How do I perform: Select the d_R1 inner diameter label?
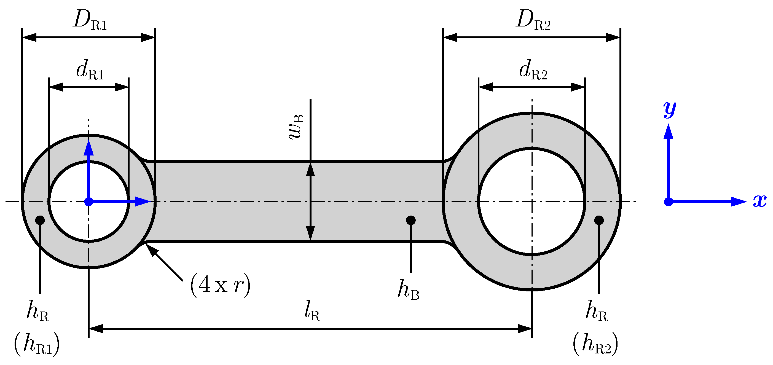89,71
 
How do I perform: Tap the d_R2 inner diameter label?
533,71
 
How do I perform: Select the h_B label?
408,290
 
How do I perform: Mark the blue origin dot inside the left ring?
88,202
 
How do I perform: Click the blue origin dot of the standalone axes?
669,202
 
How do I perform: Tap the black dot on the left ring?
40,220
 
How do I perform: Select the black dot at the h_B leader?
411,220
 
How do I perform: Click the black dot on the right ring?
599,220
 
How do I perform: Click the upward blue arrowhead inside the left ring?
88,148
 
